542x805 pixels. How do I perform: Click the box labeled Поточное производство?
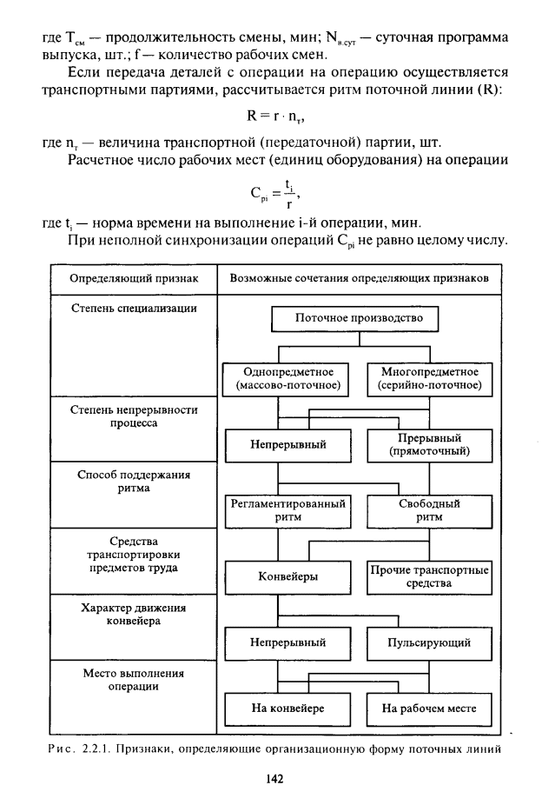tap(359, 319)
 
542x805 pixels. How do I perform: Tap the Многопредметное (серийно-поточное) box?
tap(431, 378)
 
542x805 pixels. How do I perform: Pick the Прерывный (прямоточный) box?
tap(429, 444)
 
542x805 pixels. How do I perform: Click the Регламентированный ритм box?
tap(287, 510)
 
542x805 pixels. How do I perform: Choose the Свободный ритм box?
tap(429, 510)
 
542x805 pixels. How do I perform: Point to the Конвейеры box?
tap(287, 576)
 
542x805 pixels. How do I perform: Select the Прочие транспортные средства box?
tap(429, 576)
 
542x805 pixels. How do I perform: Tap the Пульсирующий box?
tap(429, 643)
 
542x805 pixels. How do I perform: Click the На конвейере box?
tap(288, 709)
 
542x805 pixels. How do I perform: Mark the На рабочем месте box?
tap(429, 709)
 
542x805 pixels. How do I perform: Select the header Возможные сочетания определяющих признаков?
tap(360, 279)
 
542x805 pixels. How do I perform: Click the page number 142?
tap(274, 780)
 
